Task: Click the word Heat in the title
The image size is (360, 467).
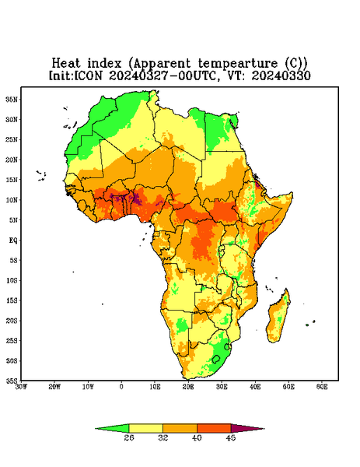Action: coord(66,64)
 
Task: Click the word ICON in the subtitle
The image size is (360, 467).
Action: coord(89,75)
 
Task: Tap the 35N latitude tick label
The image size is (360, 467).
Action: coord(12,99)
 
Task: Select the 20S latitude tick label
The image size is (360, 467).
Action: coord(12,321)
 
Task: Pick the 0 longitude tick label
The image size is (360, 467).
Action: coord(121,387)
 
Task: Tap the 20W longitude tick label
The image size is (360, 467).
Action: coord(54,387)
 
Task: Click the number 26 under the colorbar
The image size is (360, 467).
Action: coord(129,437)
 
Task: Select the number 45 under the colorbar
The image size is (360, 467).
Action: coord(231,437)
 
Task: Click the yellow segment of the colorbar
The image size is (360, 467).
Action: coord(145,428)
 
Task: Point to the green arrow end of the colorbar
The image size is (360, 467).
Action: coord(112,428)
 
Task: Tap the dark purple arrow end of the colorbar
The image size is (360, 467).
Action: coord(248,429)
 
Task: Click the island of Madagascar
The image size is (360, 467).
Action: coord(278,318)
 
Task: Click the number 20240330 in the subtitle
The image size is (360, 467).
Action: coord(281,75)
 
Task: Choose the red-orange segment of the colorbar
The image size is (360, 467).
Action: coord(214,428)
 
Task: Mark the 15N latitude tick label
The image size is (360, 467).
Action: coord(12,180)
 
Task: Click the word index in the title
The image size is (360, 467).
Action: coord(104,64)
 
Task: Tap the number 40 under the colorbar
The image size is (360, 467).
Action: coord(197,437)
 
